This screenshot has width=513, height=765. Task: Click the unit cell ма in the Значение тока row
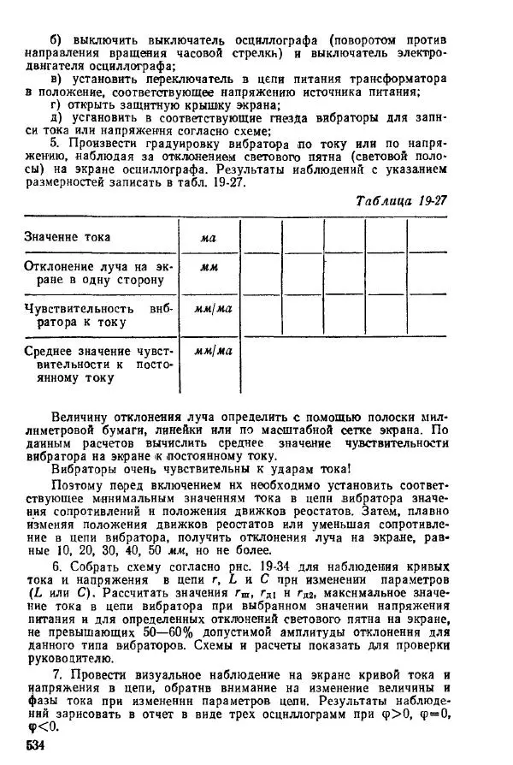[208, 238]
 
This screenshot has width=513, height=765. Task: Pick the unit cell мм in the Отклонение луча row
[208, 268]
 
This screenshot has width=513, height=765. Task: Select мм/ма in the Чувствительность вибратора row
[208, 309]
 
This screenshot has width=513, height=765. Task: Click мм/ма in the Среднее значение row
[208, 351]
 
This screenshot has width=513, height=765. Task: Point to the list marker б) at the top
[58, 40]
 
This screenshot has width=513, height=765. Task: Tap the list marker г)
[57, 105]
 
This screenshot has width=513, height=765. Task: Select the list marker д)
[57, 118]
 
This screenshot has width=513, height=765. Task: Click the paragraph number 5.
[55, 144]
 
